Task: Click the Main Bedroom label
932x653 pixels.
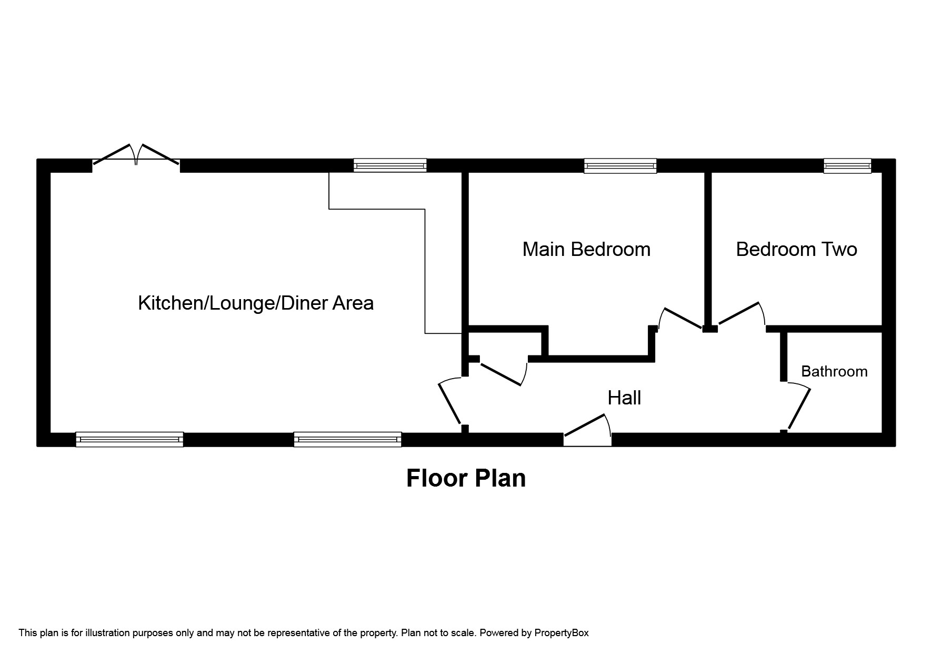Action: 586,249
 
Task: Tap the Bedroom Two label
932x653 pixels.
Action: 796,249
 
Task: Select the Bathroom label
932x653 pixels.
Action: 834,371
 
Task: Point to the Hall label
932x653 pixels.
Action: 624,398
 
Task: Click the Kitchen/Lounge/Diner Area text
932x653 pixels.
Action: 256,303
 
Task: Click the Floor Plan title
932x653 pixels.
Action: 466,478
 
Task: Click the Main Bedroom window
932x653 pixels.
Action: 620,166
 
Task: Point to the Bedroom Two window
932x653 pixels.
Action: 847,166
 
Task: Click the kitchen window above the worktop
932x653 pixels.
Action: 389,165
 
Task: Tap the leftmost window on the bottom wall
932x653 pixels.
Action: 129,439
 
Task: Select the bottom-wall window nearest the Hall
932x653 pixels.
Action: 347,439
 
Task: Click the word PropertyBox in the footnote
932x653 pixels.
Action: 561,633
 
